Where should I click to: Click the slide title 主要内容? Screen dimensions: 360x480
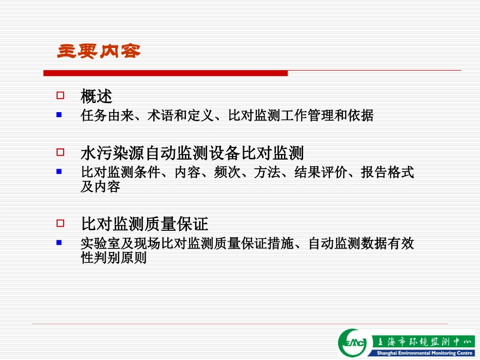[x=99, y=51]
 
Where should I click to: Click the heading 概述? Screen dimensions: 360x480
[x=96, y=96]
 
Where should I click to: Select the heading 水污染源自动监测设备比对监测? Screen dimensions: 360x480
[x=192, y=152]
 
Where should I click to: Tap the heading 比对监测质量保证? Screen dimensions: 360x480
[x=145, y=224]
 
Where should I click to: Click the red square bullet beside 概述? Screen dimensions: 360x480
[x=60, y=95]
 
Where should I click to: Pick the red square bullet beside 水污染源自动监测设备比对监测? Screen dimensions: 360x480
[x=60, y=151]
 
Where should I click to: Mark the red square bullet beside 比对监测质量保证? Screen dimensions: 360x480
[x=60, y=223]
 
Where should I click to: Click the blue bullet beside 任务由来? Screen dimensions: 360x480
[x=59, y=115]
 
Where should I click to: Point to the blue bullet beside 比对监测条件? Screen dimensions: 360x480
[x=59, y=172]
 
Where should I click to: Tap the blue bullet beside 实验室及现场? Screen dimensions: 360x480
[x=59, y=243]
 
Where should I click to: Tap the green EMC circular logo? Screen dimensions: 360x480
[x=354, y=343]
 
